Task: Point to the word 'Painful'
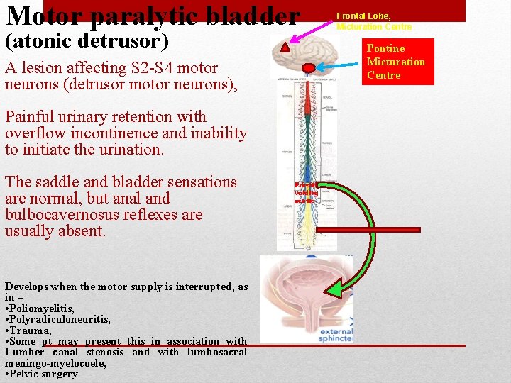(x=31, y=117)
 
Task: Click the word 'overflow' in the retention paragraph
(x=35, y=133)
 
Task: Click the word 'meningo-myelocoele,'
(x=55, y=363)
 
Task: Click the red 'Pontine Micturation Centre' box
(x=395, y=62)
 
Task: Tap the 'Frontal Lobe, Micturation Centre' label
(x=374, y=21)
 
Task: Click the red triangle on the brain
(x=285, y=48)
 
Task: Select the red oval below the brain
(x=309, y=69)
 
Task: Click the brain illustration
(x=307, y=51)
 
